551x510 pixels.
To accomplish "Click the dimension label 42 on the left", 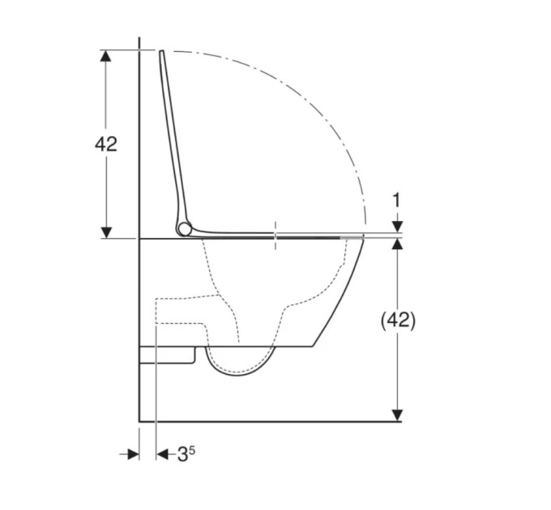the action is click(x=106, y=144).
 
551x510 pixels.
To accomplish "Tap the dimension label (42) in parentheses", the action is click(x=398, y=320).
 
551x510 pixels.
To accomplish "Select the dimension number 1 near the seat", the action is click(x=396, y=201).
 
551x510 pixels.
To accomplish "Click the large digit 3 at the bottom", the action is click(x=182, y=454).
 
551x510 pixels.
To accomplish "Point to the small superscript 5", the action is click(x=191, y=449).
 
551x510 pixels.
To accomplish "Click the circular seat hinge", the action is click(x=184, y=229).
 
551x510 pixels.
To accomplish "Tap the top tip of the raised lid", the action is click(x=161, y=51).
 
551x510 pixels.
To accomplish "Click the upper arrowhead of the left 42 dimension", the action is click(x=106, y=56).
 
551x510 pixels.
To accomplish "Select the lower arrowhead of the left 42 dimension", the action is click(x=106, y=232).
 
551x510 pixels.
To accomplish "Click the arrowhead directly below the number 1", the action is click(x=397, y=227).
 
